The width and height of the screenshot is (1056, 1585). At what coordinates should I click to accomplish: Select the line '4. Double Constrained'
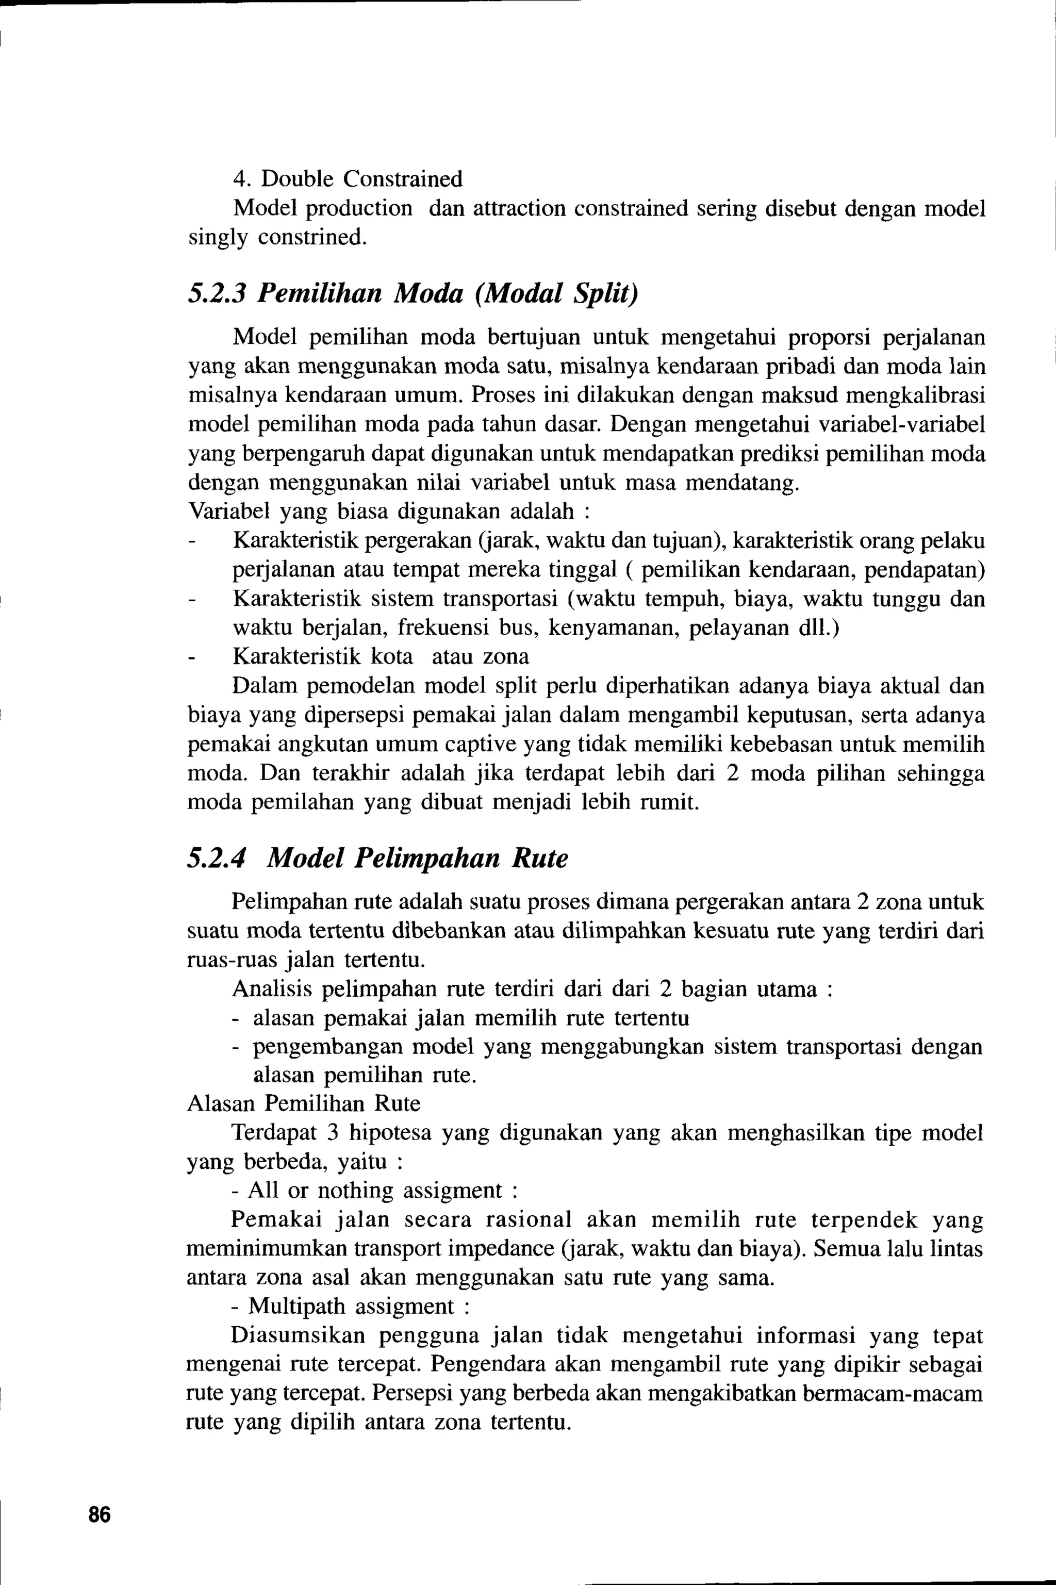(x=348, y=179)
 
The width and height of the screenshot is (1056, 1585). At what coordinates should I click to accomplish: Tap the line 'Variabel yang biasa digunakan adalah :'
(x=389, y=511)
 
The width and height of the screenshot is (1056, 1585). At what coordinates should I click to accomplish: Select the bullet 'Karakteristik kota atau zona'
(x=381, y=656)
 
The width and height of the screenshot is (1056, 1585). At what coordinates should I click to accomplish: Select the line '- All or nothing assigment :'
(x=374, y=1191)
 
